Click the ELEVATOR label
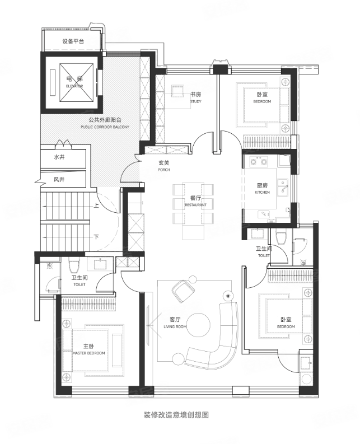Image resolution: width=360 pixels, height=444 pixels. (x=74, y=86)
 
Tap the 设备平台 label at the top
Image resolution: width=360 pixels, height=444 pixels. (x=73, y=41)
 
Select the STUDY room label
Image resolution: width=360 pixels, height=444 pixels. (x=196, y=101)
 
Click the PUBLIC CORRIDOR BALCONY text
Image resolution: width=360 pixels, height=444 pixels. (x=105, y=127)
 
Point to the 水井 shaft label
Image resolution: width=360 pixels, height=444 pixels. (x=59, y=157)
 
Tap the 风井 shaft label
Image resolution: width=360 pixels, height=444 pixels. (x=59, y=179)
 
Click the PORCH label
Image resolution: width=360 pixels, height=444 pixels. (x=164, y=170)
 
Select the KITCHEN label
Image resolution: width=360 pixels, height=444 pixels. (x=262, y=192)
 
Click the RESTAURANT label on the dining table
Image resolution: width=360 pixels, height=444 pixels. (x=196, y=205)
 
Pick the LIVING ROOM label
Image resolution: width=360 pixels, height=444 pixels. (x=175, y=327)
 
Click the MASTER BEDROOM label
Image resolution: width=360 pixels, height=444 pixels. (x=88, y=353)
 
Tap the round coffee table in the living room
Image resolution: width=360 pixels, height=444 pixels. (x=199, y=324)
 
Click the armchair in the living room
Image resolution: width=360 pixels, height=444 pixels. (x=183, y=290)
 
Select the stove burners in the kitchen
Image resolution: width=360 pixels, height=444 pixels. (x=258, y=162)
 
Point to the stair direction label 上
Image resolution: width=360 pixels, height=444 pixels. (x=96, y=205)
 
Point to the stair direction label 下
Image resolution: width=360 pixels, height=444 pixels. (x=96, y=236)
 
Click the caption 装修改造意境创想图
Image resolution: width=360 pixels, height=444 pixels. (x=176, y=415)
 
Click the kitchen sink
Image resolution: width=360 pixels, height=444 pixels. (x=283, y=187)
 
